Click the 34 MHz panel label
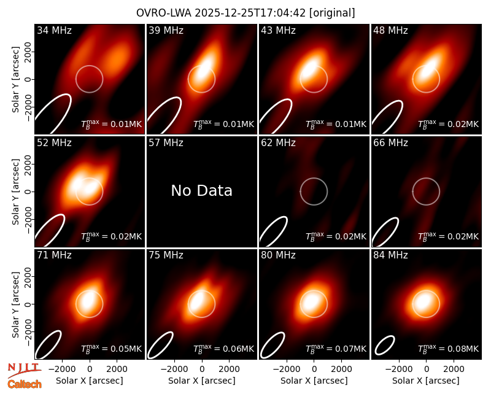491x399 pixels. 54,30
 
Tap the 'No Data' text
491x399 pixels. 202,190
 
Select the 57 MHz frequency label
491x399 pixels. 166,143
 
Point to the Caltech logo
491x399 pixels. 25,384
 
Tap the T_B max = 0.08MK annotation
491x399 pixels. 449,349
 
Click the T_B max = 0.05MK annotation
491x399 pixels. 112,349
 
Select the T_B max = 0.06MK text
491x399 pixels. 223,349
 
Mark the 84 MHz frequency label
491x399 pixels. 390,255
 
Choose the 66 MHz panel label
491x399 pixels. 390,143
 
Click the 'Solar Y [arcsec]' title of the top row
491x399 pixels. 16,80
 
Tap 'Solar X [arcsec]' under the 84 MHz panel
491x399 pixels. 426,381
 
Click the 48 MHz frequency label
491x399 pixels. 390,30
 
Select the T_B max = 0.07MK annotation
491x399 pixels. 336,349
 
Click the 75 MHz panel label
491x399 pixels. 166,255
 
